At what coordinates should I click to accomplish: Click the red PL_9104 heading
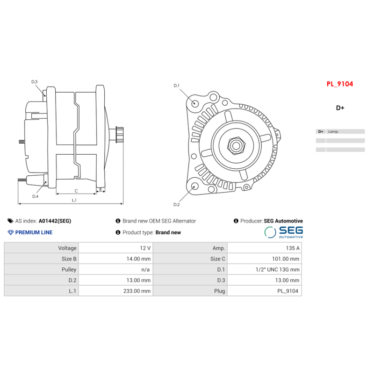pos(339,84)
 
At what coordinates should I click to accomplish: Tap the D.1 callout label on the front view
pos(176,86)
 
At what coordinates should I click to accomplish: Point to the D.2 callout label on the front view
pos(176,204)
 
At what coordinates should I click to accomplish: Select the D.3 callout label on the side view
pos(35,82)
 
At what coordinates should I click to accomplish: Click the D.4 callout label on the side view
pos(35,196)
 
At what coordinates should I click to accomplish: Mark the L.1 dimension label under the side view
pos(74,200)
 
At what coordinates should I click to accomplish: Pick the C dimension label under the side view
pos(76,191)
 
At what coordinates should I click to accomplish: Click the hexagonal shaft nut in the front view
pos(236,146)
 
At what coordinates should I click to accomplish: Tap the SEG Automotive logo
pos(283,231)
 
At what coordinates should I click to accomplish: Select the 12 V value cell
pos(145,248)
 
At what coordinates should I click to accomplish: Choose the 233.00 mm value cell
pos(139,291)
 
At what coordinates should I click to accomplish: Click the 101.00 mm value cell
pos(286,259)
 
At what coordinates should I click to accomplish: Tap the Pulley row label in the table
pos(69,269)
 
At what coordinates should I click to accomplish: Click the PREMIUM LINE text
pos(34,232)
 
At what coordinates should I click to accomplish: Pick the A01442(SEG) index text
pos(55,221)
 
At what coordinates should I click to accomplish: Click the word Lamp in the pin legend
pos(333,132)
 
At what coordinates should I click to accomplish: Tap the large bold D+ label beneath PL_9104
pos(340,108)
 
